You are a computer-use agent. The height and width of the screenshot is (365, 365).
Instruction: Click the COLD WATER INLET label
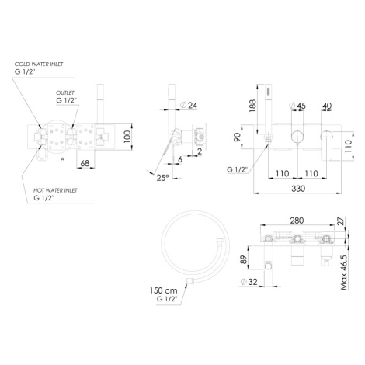coord(39,64)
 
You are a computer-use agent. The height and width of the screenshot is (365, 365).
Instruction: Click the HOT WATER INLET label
coord(55,190)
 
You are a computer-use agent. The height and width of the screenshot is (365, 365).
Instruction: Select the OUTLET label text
coord(65,92)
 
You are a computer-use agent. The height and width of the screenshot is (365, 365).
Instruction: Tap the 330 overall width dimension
coord(298,189)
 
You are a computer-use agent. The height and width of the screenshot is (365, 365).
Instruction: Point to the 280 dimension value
coord(297,221)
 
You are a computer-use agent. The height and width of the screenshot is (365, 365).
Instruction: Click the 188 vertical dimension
coord(252,106)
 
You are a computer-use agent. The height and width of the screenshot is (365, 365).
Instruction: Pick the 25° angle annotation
coord(162,178)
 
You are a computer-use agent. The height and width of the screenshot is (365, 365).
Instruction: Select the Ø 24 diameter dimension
coord(189,106)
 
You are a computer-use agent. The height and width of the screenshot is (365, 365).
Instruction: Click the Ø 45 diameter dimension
coord(297,106)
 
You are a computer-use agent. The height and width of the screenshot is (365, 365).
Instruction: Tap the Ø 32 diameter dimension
coord(249,282)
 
